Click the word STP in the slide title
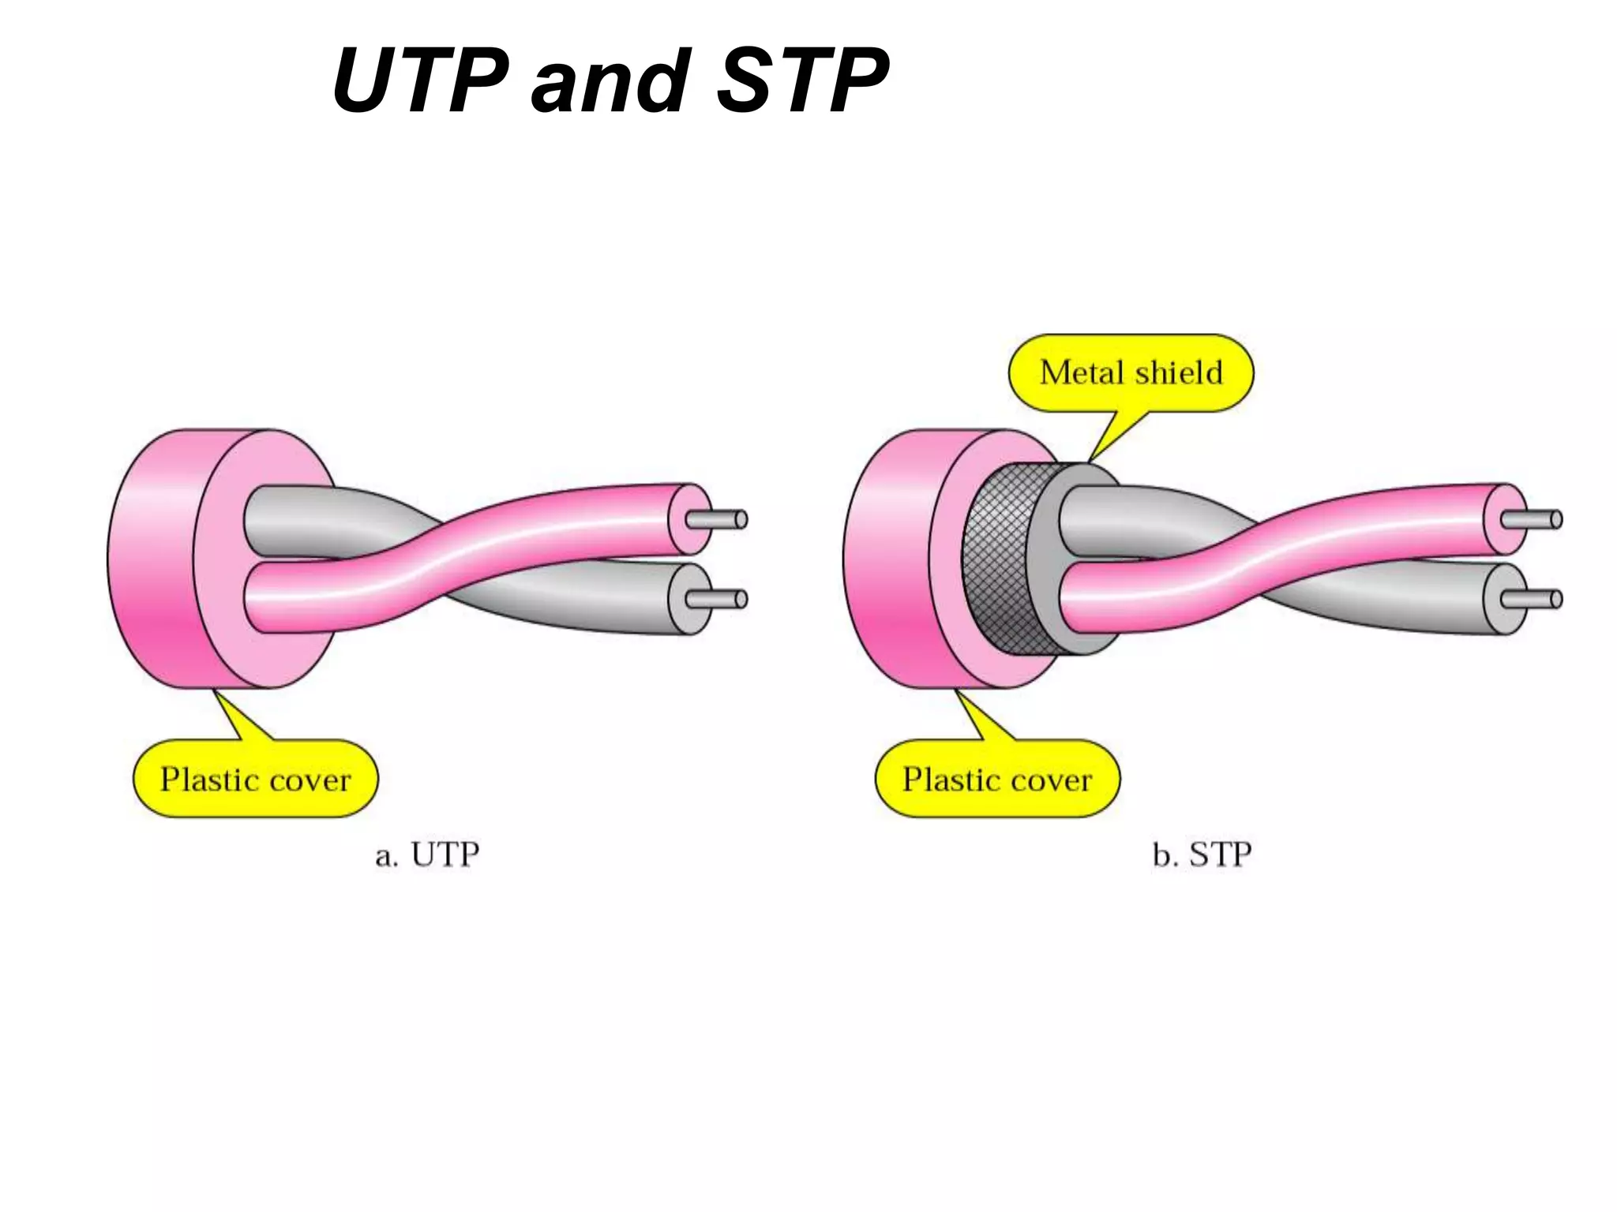(803, 80)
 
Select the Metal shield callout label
(1131, 373)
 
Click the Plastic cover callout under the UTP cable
(255, 780)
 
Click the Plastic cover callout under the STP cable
(997, 780)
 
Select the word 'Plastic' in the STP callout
(949, 780)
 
